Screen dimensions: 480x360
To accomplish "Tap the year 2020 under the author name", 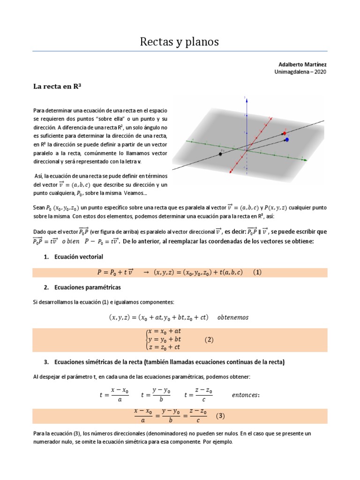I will [318, 72].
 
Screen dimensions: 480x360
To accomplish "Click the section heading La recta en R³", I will [58, 86].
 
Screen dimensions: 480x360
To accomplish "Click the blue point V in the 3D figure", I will [287, 140].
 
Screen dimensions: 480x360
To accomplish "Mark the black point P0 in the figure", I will [220, 154].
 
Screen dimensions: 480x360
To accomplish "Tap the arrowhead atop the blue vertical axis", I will [245, 97].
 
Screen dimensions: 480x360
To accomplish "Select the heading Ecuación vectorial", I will [79, 257].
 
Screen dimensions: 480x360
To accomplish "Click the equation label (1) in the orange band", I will [257, 273].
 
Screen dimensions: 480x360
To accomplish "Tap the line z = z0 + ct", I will [164, 347].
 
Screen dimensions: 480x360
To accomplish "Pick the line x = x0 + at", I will [164, 331].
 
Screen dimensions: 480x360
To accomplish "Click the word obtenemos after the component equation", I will [233, 317].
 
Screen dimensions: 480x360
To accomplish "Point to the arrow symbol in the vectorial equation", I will [145, 273].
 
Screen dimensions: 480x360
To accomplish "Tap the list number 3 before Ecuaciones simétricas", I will [46, 362].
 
